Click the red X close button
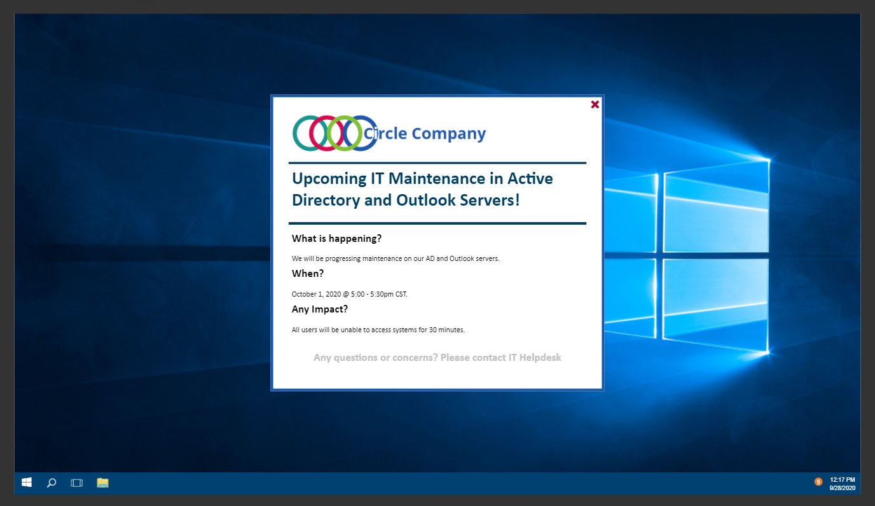pyautogui.click(x=595, y=104)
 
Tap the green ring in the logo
pyautogui.click(x=328, y=134)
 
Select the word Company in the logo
pyautogui.click(x=448, y=134)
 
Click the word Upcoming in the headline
pyautogui.click(x=329, y=179)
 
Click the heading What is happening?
pyautogui.click(x=336, y=239)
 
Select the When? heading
pyautogui.click(x=307, y=273)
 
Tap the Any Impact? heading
pyautogui.click(x=319, y=309)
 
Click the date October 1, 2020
pyautogui.click(x=316, y=294)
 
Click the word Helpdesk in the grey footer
pyautogui.click(x=540, y=358)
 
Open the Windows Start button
pyautogui.click(x=27, y=482)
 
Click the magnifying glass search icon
pyautogui.click(x=51, y=483)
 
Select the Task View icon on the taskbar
pyautogui.click(x=76, y=483)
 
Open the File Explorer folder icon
pyautogui.click(x=102, y=483)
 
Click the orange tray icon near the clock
pyautogui.click(x=818, y=482)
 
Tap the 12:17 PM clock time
pyautogui.click(x=842, y=479)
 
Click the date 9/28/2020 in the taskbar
pyautogui.click(x=842, y=488)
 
